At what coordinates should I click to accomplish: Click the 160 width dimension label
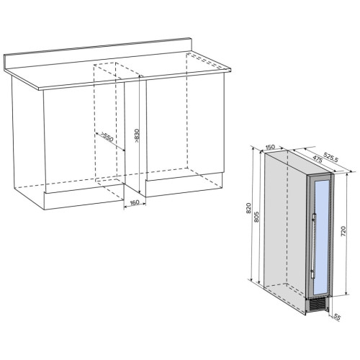135,202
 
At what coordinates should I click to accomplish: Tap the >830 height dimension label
137,136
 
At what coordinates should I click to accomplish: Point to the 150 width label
270,147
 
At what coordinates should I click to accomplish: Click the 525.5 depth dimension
330,157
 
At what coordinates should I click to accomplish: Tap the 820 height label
248,208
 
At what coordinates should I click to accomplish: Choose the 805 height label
256,217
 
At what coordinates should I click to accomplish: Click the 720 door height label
343,231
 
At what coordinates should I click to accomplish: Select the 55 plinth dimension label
337,318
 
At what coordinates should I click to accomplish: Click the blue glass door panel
321,235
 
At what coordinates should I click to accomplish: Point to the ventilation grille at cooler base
317,305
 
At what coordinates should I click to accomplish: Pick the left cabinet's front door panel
84,137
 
